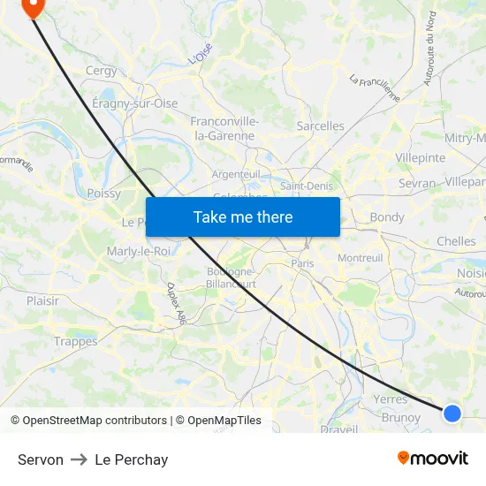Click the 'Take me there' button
pyautogui.click(x=243, y=216)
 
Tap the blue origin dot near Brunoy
pyautogui.click(x=452, y=413)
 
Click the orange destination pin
pyautogui.click(x=33, y=8)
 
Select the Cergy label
pyautogui.click(x=101, y=71)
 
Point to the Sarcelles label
pyautogui.click(x=321, y=126)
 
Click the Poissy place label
pyautogui.click(x=103, y=194)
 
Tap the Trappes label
pyautogui.click(x=75, y=342)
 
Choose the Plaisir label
pyautogui.click(x=42, y=300)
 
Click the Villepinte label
pyautogui.click(x=421, y=157)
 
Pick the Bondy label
pyautogui.click(x=387, y=217)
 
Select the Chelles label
pyautogui.click(x=456, y=241)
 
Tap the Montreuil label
pyautogui.click(x=360, y=257)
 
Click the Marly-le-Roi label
pyautogui.click(x=138, y=251)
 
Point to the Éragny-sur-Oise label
pyautogui.click(x=135, y=103)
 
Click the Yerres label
pyautogui.click(x=391, y=399)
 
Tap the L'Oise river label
pyautogui.click(x=201, y=55)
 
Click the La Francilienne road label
pyautogui.click(x=375, y=87)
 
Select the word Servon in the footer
pyautogui.click(x=41, y=459)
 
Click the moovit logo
pyautogui.click(x=432, y=458)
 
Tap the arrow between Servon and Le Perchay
pyautogui.click(x=79, y=459)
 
